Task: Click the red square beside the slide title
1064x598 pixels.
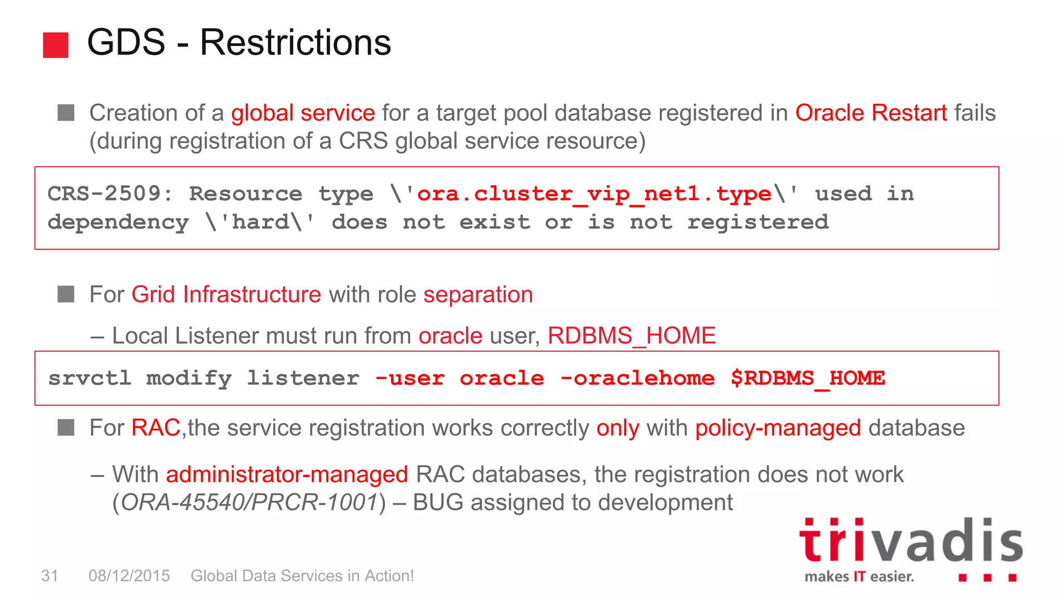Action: pos(56,45)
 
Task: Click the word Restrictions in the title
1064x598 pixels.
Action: pos(295,43)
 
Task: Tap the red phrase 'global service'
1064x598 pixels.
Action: pos(303,113)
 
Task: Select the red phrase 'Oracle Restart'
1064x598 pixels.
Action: pos(871,113)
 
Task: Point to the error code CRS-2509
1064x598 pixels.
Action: pos(104,194)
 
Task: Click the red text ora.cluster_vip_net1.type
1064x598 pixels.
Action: pos(594,194)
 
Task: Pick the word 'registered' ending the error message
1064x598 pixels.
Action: pos(757,223)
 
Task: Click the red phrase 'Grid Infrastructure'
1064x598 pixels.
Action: pos(226,295)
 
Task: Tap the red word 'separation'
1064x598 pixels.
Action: pos(478,295)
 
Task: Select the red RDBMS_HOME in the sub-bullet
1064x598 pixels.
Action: pos(631,336)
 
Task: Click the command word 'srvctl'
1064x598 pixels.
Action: pos(89,378)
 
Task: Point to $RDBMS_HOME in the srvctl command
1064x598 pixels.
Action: pos(807,378)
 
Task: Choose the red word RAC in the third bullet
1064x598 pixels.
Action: pos(155,428)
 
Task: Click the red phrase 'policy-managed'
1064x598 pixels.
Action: pos(778,428)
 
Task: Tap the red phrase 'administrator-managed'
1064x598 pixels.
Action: pos(287,474)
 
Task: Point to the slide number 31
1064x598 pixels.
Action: pos(49,576)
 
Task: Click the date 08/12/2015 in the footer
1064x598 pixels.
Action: pos(129,576)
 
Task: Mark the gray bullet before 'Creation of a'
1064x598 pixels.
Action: pos(66,113)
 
